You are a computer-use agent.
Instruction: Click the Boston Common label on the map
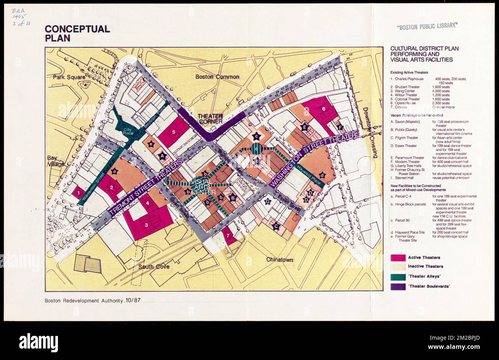tap(217, 77)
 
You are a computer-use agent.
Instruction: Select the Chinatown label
tap(279, 260)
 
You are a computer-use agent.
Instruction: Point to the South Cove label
tap(154, 267)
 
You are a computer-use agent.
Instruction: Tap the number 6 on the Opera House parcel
tap(324, 109)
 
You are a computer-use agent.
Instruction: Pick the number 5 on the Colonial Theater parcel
tap(173, 132)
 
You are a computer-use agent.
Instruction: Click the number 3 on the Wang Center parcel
tap(146, 225)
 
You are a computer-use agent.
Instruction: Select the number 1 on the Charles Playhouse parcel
tap(78, 193)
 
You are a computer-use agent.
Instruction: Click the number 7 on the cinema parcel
tap(227, 235)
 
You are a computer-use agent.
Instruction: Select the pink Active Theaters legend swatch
tap(398, 258)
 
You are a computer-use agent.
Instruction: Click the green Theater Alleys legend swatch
tap(398, 277)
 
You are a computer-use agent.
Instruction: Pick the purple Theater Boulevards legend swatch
tap(398, 287)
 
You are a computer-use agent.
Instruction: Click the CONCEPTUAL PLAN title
tap(77, 33)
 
